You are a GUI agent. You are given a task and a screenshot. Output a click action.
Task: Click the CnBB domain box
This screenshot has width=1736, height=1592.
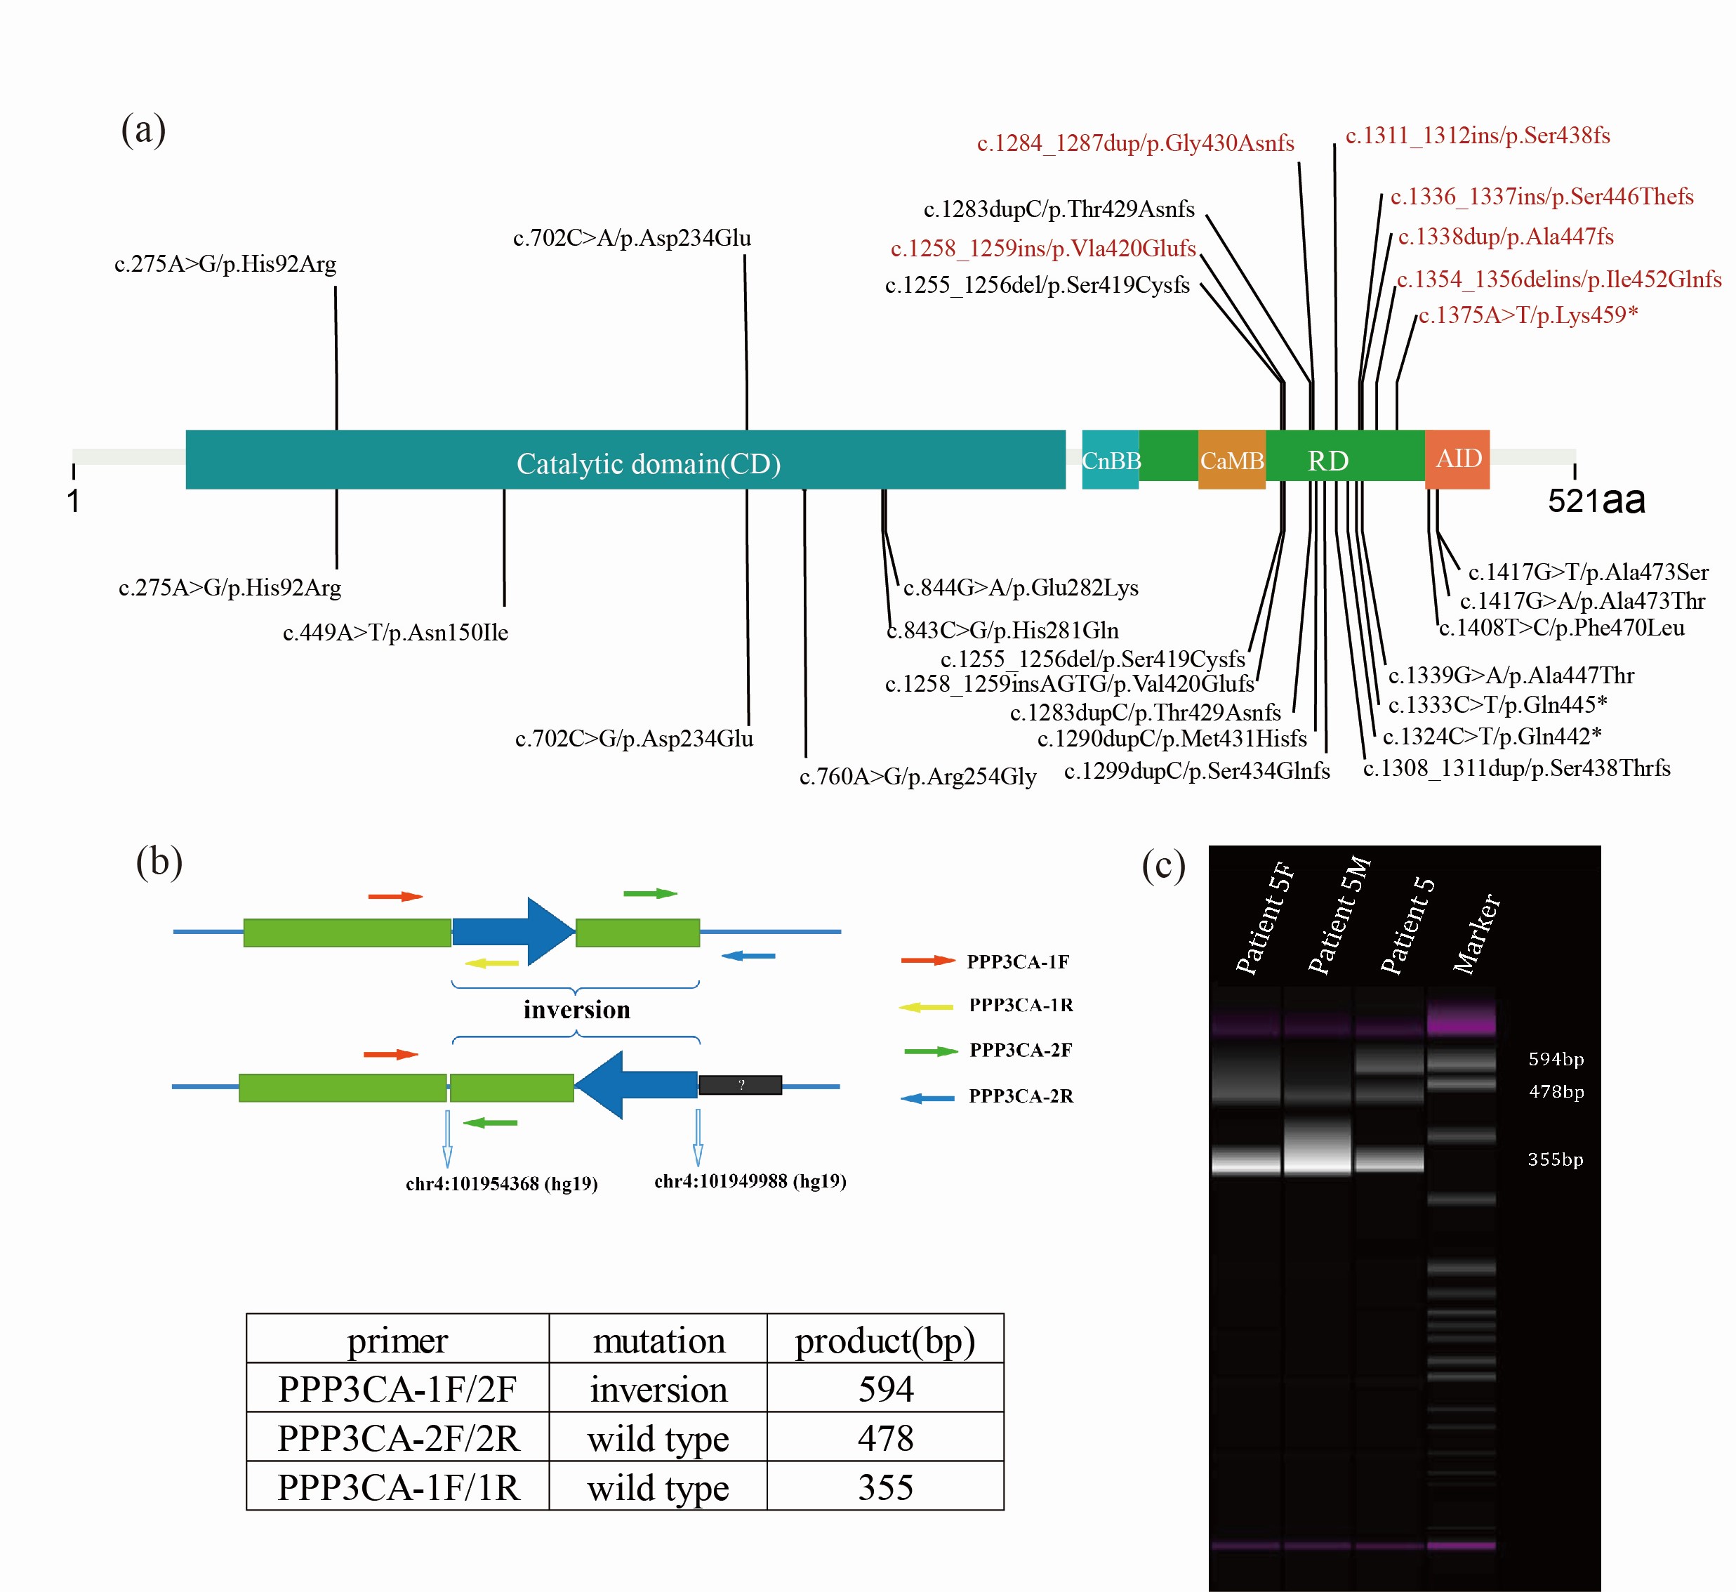pos(1110,460)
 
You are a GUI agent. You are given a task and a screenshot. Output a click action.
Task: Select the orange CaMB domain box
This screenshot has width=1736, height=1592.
pos(1231,460)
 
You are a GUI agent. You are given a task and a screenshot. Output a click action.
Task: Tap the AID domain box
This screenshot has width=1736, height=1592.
pos(1457,459)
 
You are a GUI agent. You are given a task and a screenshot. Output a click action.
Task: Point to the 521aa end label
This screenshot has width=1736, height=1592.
pos(1596,501)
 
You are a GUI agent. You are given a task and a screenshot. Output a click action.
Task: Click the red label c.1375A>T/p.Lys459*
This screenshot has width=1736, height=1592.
pos(1528,315)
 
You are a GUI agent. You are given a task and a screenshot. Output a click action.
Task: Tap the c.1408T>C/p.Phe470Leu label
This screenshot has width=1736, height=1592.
pos(1561,628)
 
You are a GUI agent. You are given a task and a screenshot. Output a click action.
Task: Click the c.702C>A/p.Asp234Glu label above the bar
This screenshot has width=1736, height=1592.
pos(632,238)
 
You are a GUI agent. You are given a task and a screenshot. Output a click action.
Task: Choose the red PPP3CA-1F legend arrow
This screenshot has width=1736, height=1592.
pos(927,961)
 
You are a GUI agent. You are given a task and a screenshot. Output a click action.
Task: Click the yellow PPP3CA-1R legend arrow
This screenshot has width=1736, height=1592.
pos(926,1006)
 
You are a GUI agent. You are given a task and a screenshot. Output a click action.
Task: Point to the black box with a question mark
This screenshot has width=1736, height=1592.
pos(740,1084)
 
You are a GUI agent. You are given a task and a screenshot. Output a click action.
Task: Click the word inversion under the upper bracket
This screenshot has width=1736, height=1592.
pos(576,1010)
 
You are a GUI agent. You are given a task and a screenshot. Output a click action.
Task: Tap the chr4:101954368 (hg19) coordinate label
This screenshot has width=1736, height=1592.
pos(501,1184)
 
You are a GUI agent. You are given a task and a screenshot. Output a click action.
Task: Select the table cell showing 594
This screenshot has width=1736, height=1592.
pos(885,1388)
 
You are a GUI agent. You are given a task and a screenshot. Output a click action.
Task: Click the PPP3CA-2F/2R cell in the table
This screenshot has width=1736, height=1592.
pos(398,1438)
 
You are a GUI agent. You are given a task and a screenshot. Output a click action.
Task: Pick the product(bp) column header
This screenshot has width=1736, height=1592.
pos(884,1341)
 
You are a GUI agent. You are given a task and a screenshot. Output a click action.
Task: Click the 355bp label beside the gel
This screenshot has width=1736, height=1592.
pos(1554,1159)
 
